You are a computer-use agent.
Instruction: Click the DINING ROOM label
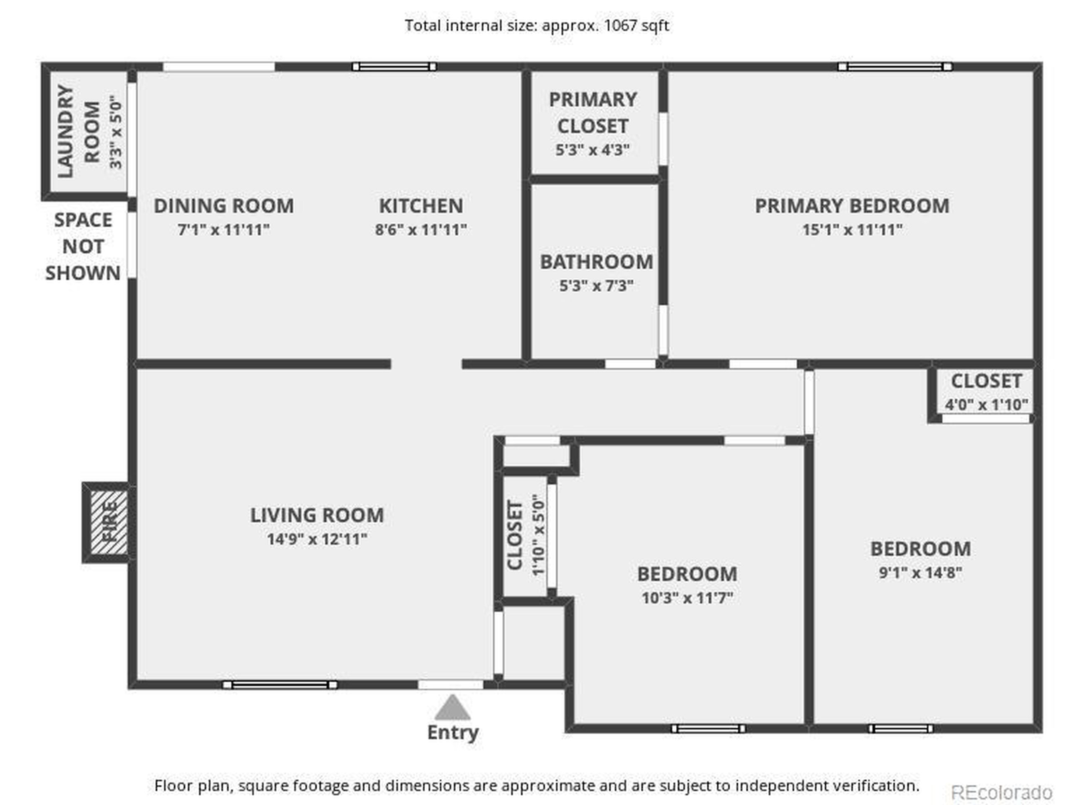tap(224, 206)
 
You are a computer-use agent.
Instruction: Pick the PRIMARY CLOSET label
tap(593, 112)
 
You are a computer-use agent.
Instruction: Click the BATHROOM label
tap(596, 262)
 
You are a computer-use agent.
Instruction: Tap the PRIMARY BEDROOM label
tap(852, 206)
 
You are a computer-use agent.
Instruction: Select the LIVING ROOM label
tap(317, 515)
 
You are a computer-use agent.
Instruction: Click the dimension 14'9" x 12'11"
tap(317, 539)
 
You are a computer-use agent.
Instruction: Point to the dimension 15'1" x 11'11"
tap(852, 229)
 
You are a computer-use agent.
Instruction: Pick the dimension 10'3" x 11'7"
tap(687, 598)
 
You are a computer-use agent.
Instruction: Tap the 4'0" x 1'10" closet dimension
tap(986, 404)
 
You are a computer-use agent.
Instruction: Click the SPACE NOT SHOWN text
tap(83, 247)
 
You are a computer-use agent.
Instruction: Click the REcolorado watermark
tap(1002, 792)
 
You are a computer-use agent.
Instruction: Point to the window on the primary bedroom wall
tap(895, 67)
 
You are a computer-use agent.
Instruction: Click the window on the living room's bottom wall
tap(280, 685)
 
